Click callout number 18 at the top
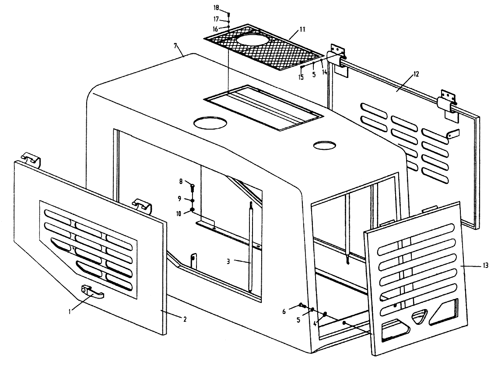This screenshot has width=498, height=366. (216, 7)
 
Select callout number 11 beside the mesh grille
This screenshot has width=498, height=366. (302, 29)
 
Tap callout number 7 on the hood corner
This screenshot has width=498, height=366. (175, 46)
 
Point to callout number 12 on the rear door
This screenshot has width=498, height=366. (416, 74)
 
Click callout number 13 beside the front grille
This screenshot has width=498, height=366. (485, 266)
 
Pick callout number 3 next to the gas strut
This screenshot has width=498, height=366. (228, 262)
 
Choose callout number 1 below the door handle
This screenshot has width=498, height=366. (69, 311)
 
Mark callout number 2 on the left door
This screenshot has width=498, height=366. (185, 319)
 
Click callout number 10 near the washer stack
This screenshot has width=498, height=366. (179, 214)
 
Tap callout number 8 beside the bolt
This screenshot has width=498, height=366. (181, 181)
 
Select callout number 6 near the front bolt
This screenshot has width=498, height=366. (284, 312)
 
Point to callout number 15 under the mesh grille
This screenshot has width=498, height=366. (301, 77)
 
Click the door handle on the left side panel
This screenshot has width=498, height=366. (92, 291)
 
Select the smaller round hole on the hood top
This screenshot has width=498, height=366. (324, 145)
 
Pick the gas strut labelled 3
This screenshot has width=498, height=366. (251, 246)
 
